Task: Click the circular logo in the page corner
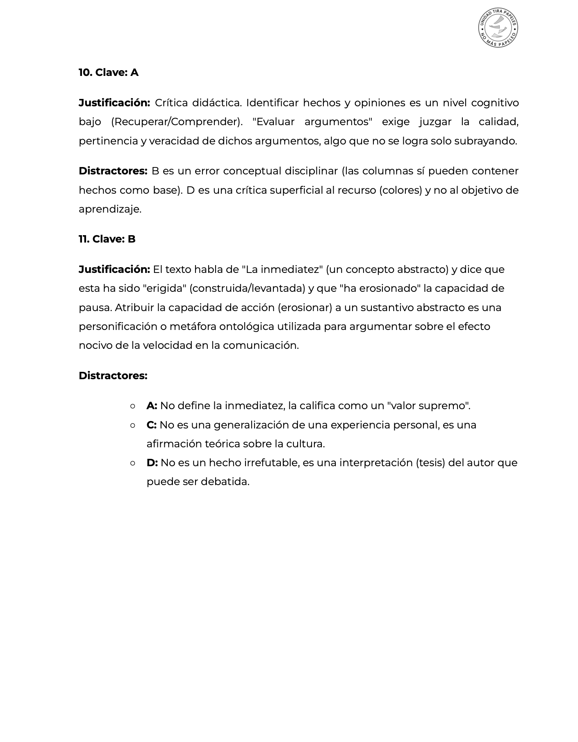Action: click(498, 28)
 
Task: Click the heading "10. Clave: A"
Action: click(109, 73)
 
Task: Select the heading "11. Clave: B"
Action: click(107, 239)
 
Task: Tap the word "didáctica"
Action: click(216, 103)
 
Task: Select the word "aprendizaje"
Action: click(109, 209)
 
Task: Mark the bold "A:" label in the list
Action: click(152, 406)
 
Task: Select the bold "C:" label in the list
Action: click(152, 425)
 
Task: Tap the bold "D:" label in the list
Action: click(152, 463)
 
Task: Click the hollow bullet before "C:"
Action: click(132, 425)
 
